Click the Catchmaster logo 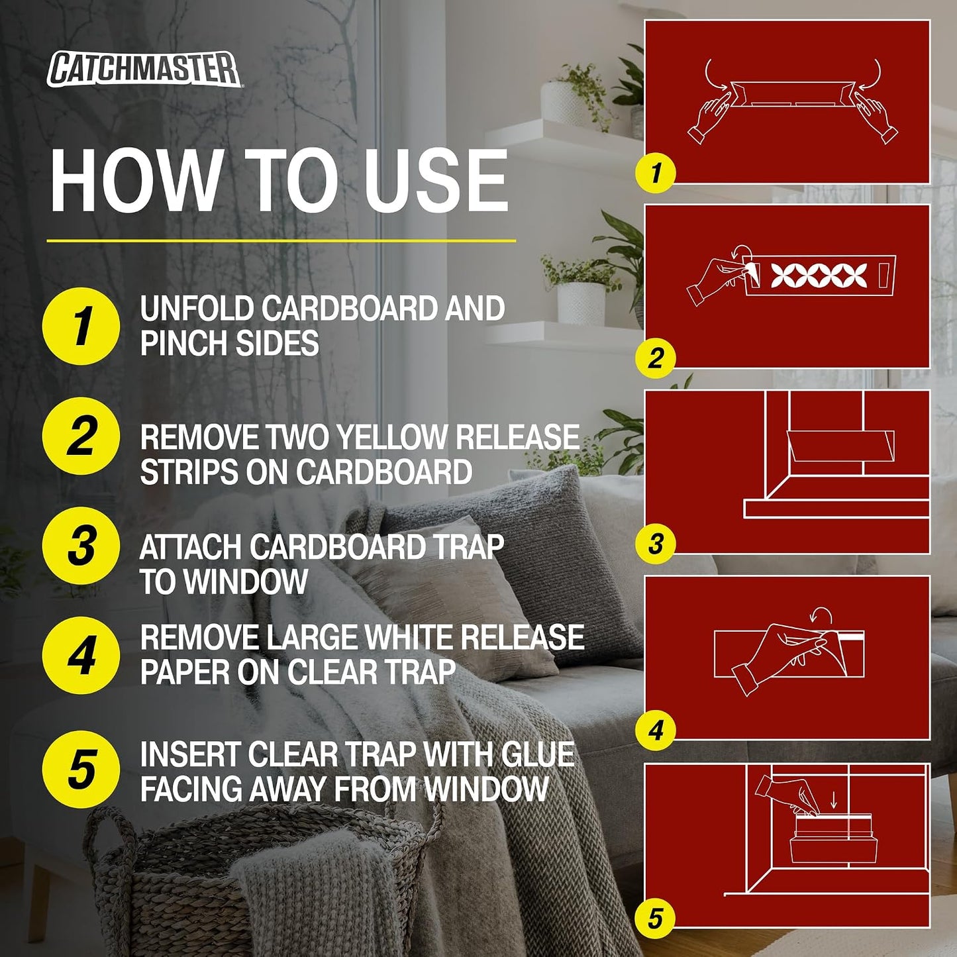(144, 70)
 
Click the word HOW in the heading (135, 181)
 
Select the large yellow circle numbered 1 (81, 326)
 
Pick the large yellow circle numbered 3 (81, 546)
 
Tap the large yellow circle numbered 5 (81, 770)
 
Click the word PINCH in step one (181, 342)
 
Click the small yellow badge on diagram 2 (656, 358)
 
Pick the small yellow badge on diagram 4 (656, 730)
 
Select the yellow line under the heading (281, 241)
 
